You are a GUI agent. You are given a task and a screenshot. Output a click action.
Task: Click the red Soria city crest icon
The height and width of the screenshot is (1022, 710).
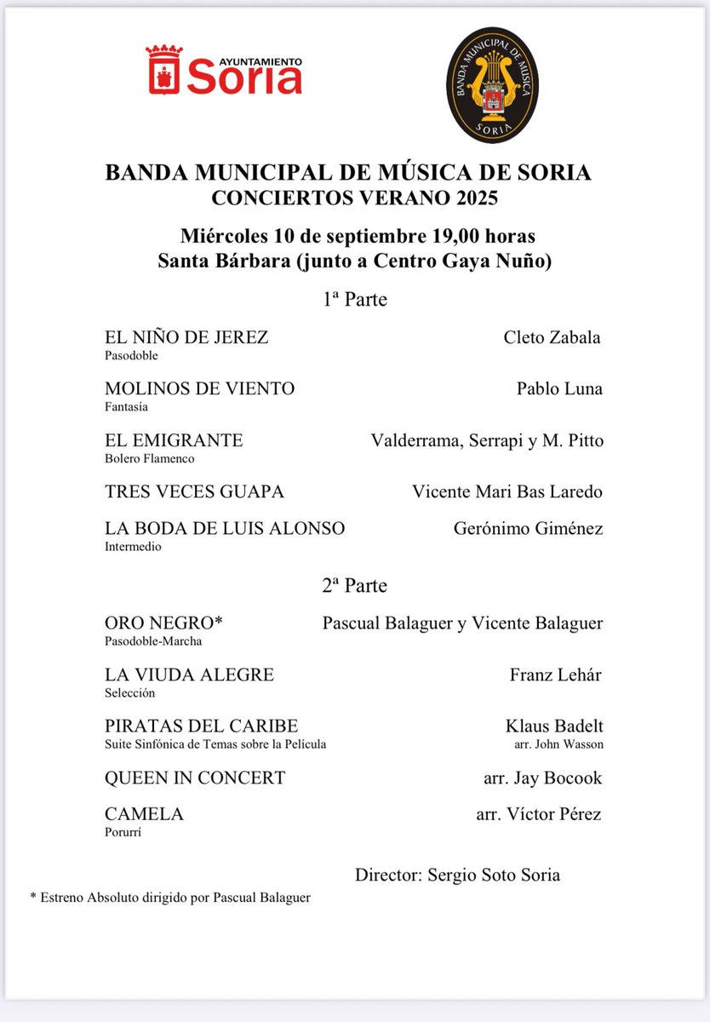(x=163, y=69)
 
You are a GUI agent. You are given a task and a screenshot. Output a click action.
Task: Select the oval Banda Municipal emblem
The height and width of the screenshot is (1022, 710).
(x=495, y=85)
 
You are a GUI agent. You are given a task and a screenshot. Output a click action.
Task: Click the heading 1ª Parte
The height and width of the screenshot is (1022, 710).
(x=354, y=300)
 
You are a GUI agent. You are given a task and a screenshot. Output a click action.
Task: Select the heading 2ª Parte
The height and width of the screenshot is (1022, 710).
(x=354, y=586)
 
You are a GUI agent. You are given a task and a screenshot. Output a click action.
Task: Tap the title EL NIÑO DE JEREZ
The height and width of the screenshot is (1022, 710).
(x=186, y=337)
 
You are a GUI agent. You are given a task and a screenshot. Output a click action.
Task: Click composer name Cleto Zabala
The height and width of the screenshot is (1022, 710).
(x=552, y=337)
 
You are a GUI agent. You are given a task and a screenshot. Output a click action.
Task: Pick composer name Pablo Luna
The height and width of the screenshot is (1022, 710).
(x=559, y=388)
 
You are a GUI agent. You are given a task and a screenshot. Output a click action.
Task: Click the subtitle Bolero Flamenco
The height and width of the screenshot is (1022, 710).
(x=150, y=458)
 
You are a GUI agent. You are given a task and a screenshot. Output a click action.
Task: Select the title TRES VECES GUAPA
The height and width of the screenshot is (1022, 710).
(x=194, y=491)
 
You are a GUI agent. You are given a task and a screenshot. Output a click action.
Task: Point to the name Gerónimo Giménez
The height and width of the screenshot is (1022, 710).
(x=528, y=529)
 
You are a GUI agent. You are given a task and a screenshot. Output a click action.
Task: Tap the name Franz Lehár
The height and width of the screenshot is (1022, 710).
(x=555, y=675)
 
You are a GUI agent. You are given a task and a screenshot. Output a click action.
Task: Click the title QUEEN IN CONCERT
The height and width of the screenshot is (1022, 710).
(x=195, y=778)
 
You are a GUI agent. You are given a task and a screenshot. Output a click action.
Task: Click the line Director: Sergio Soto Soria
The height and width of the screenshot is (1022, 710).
(x=457, y=875)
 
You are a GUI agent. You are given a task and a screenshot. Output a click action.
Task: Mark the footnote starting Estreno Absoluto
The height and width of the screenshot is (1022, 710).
(x=170, y=898)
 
